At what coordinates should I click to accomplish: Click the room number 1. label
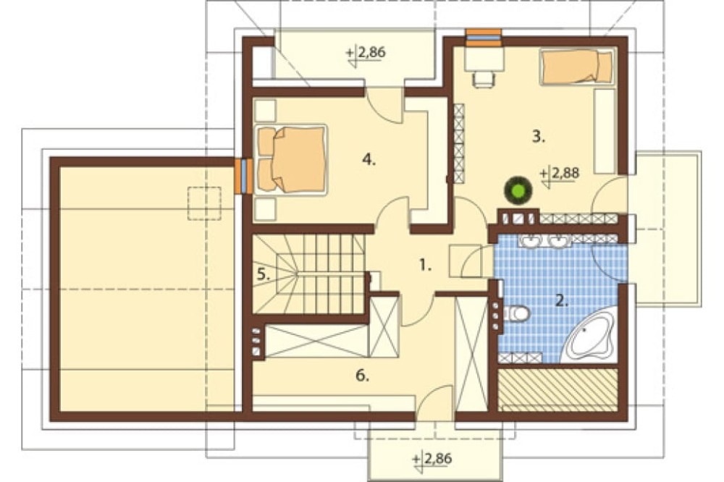(x=425, y=266)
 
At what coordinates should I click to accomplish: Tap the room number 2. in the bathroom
(x=561, y=301)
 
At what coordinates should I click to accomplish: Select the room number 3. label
(x=539, y=137)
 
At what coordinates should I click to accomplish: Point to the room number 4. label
(x=369, y=160)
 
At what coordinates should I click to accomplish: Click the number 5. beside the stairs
(x=264, y=275)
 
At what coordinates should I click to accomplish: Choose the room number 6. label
(x=363, y=376)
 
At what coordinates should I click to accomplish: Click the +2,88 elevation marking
(x=559, y=175)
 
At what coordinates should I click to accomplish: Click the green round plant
(x=518, y=190)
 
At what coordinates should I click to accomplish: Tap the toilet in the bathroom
(x=515, y=314)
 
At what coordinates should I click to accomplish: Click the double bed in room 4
(x=291, y=158)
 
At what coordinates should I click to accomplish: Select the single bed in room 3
(x=577, y=67)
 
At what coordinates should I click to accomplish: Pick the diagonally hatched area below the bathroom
(x=558, y=389)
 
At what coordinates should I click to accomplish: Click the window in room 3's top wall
(x=484, y=38)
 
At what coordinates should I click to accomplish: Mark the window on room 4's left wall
(x=244, y=176)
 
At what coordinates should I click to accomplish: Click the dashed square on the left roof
(x=204, y=203)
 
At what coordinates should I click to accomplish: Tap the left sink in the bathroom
(x=531, y=240)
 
